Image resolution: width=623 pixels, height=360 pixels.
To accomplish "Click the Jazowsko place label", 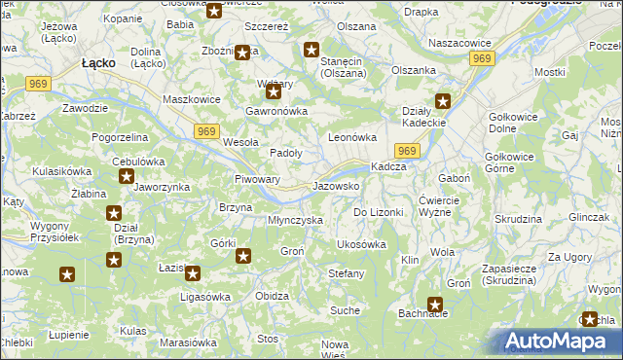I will [x=337, y=185].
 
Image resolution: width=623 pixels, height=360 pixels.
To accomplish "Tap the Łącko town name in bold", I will [x=99, y=62].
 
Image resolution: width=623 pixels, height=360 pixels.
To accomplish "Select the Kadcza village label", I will [x=388, y=166].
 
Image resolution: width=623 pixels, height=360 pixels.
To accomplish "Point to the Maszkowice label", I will [x=189, y=99].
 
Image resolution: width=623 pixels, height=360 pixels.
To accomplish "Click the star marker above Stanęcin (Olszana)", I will [x=311, y=51].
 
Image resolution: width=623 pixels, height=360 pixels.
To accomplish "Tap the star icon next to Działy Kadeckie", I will [x=444, y=100].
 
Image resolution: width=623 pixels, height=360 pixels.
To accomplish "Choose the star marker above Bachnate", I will [x=435, y=304].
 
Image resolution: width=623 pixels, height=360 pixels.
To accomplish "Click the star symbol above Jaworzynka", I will [x=127, y=176].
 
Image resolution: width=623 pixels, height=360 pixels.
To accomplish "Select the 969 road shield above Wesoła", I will [x=205, y=131].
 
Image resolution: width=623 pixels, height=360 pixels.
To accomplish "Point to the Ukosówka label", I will [x=361, y=244].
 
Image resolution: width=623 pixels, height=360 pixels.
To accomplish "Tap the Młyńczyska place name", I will [x=295, y=220].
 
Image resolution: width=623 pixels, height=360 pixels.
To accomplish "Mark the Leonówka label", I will [x=351, y=138].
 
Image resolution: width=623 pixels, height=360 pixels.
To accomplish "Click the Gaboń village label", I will [x=455, y=178].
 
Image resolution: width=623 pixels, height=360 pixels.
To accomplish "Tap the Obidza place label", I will [x=272, y=295].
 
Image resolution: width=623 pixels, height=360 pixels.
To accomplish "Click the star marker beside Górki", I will [x=243, y=256].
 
